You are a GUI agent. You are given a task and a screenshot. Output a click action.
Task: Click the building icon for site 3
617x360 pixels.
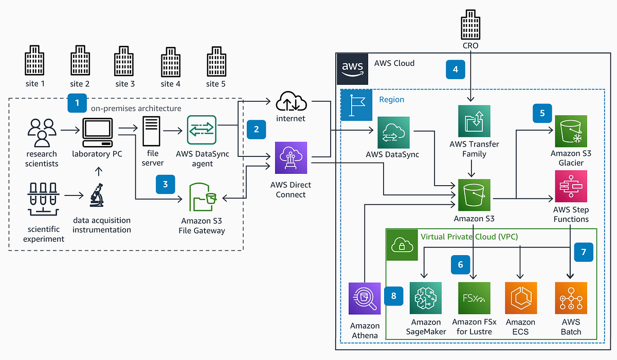[125, 60]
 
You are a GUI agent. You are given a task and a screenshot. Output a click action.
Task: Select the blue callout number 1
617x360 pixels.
[77, 103]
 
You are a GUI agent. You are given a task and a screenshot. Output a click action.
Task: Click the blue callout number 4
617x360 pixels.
[456, 69]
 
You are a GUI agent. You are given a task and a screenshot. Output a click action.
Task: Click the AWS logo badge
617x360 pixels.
[353, 68]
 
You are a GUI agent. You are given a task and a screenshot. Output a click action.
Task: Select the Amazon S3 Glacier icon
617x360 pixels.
[571, 131]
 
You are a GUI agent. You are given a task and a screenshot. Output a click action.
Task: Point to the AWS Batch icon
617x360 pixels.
[571, 298]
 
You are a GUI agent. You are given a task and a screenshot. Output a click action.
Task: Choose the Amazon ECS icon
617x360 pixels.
[521, 298]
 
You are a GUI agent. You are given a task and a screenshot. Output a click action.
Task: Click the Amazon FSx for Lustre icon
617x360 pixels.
[474, 298]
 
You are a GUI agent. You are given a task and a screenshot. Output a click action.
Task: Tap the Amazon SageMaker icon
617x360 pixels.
[425, 298]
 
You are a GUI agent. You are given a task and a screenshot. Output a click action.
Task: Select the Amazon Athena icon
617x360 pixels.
[365, 298]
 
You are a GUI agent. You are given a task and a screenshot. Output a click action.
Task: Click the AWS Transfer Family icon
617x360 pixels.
[474, 121]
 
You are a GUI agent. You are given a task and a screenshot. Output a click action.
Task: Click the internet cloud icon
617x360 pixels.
[292, 102]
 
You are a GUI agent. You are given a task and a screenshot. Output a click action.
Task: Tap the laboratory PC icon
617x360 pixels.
[97, 132]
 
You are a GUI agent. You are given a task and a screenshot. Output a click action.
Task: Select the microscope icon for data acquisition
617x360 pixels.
[97, 196]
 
